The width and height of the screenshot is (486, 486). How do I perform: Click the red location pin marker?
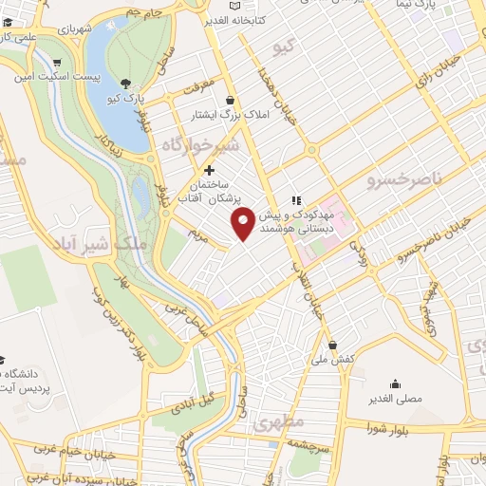[244, 223]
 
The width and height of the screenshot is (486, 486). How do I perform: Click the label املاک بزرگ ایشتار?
[230, 116]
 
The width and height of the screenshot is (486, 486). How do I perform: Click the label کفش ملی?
[335, 361]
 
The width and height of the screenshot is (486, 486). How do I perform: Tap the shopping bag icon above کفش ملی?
[331, 346]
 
